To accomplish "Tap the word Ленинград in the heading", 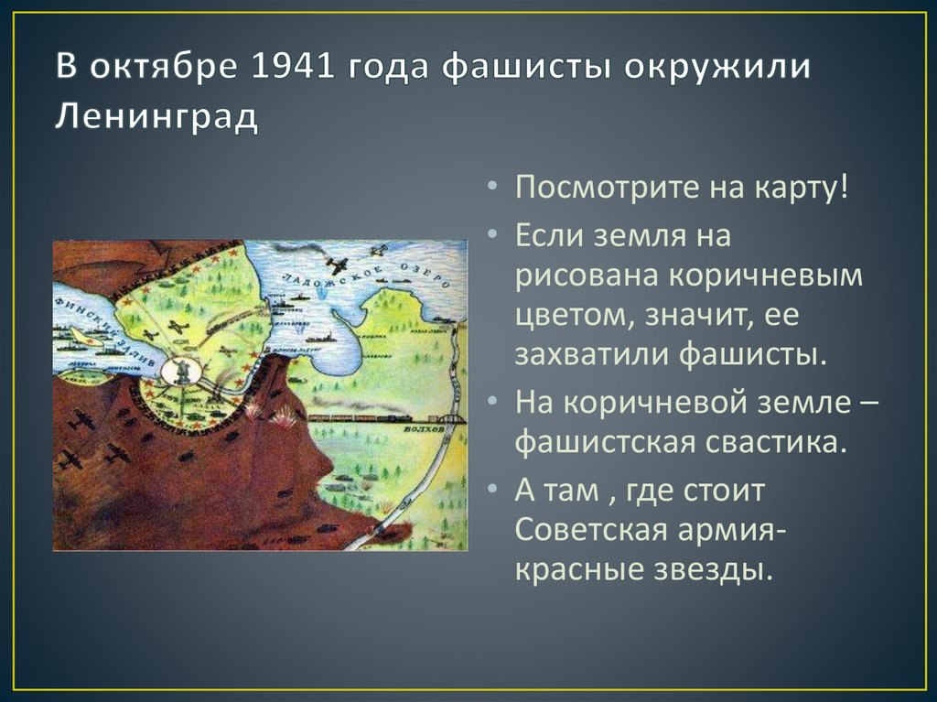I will [x=156, y=117].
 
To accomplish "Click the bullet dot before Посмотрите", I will [x=494, y=190].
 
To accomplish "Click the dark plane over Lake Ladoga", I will [x=336, y=265].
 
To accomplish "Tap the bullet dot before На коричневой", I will [x=494, y=399].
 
